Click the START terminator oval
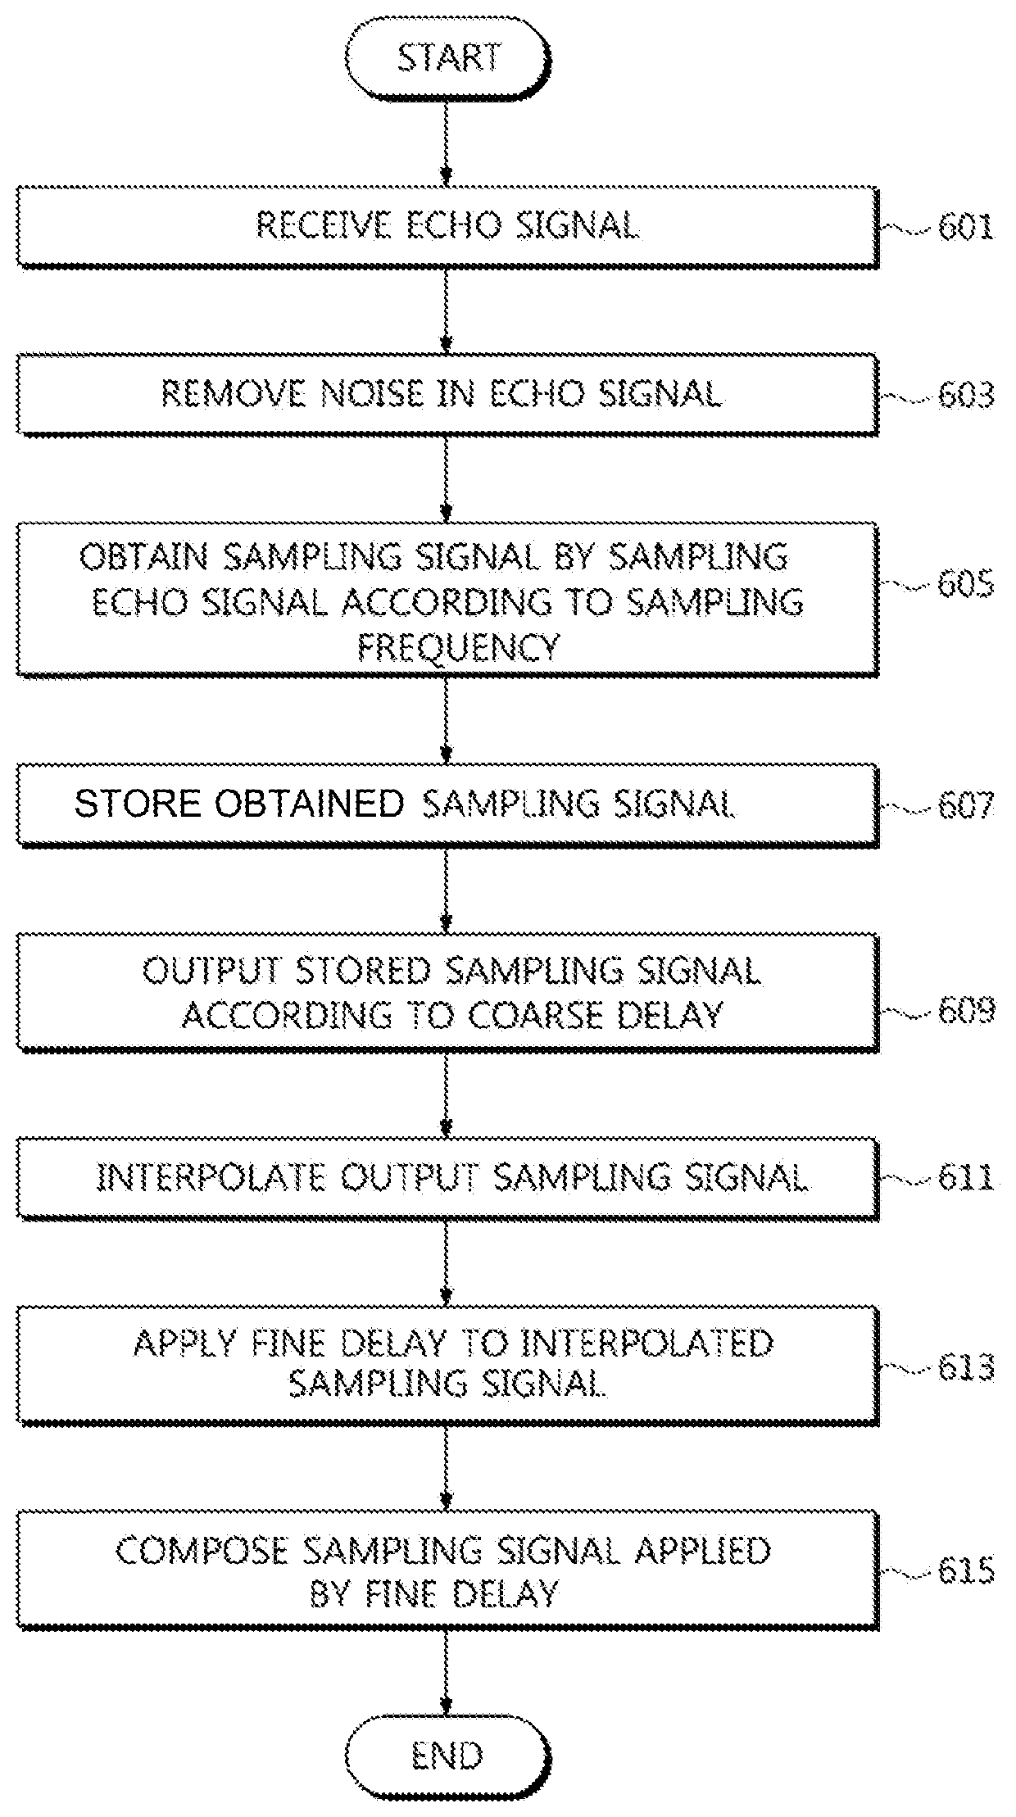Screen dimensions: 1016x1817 tap(448, 58)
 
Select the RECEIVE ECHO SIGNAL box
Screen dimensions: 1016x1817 tap(447, 226)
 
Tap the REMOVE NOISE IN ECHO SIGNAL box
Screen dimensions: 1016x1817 tap(447, 394)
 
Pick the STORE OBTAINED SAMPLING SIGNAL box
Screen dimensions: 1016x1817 tap(447, 804)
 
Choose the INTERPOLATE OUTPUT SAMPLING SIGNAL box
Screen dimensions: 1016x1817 tap(447, 1178)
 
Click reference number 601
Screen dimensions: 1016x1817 tap(966, 227)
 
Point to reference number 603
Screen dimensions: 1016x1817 tap(966, 395)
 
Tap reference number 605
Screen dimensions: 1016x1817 tap(966, 585)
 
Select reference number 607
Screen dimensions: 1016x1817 tap(966, 805)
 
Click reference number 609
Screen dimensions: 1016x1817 tap(966, 1010)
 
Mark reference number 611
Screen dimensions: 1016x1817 tap(966, 1179)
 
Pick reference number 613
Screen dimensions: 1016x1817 tap(966, 1367)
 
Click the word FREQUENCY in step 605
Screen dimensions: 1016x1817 tap(459, 647)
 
